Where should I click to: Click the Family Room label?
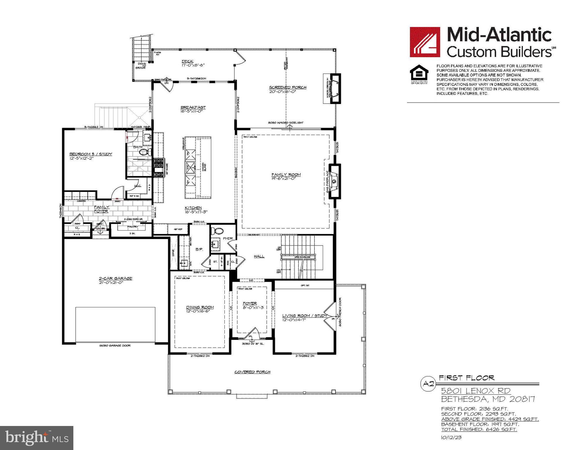(x=286, y=175)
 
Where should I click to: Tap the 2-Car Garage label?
(x=115, y=278)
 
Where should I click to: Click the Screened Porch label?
(x=288, y=87)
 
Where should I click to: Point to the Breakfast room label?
(x=193, y=107)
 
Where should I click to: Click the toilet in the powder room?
(x=217, y=231)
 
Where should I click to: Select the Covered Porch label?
(x=252, y=372)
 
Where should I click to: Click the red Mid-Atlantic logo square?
(x=425, y=42)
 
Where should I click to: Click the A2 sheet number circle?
(x=429, y=384)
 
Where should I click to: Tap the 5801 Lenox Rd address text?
(x=476, y=391)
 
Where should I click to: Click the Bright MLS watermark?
(x=37, y=438)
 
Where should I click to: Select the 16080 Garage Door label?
(x=115, y=346)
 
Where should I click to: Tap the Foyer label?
(x=250, y=303)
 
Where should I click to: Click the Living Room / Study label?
(x=305, y=316)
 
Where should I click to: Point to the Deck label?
(x=187, y=61)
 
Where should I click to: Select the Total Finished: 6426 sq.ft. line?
(x=479, y=429)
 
